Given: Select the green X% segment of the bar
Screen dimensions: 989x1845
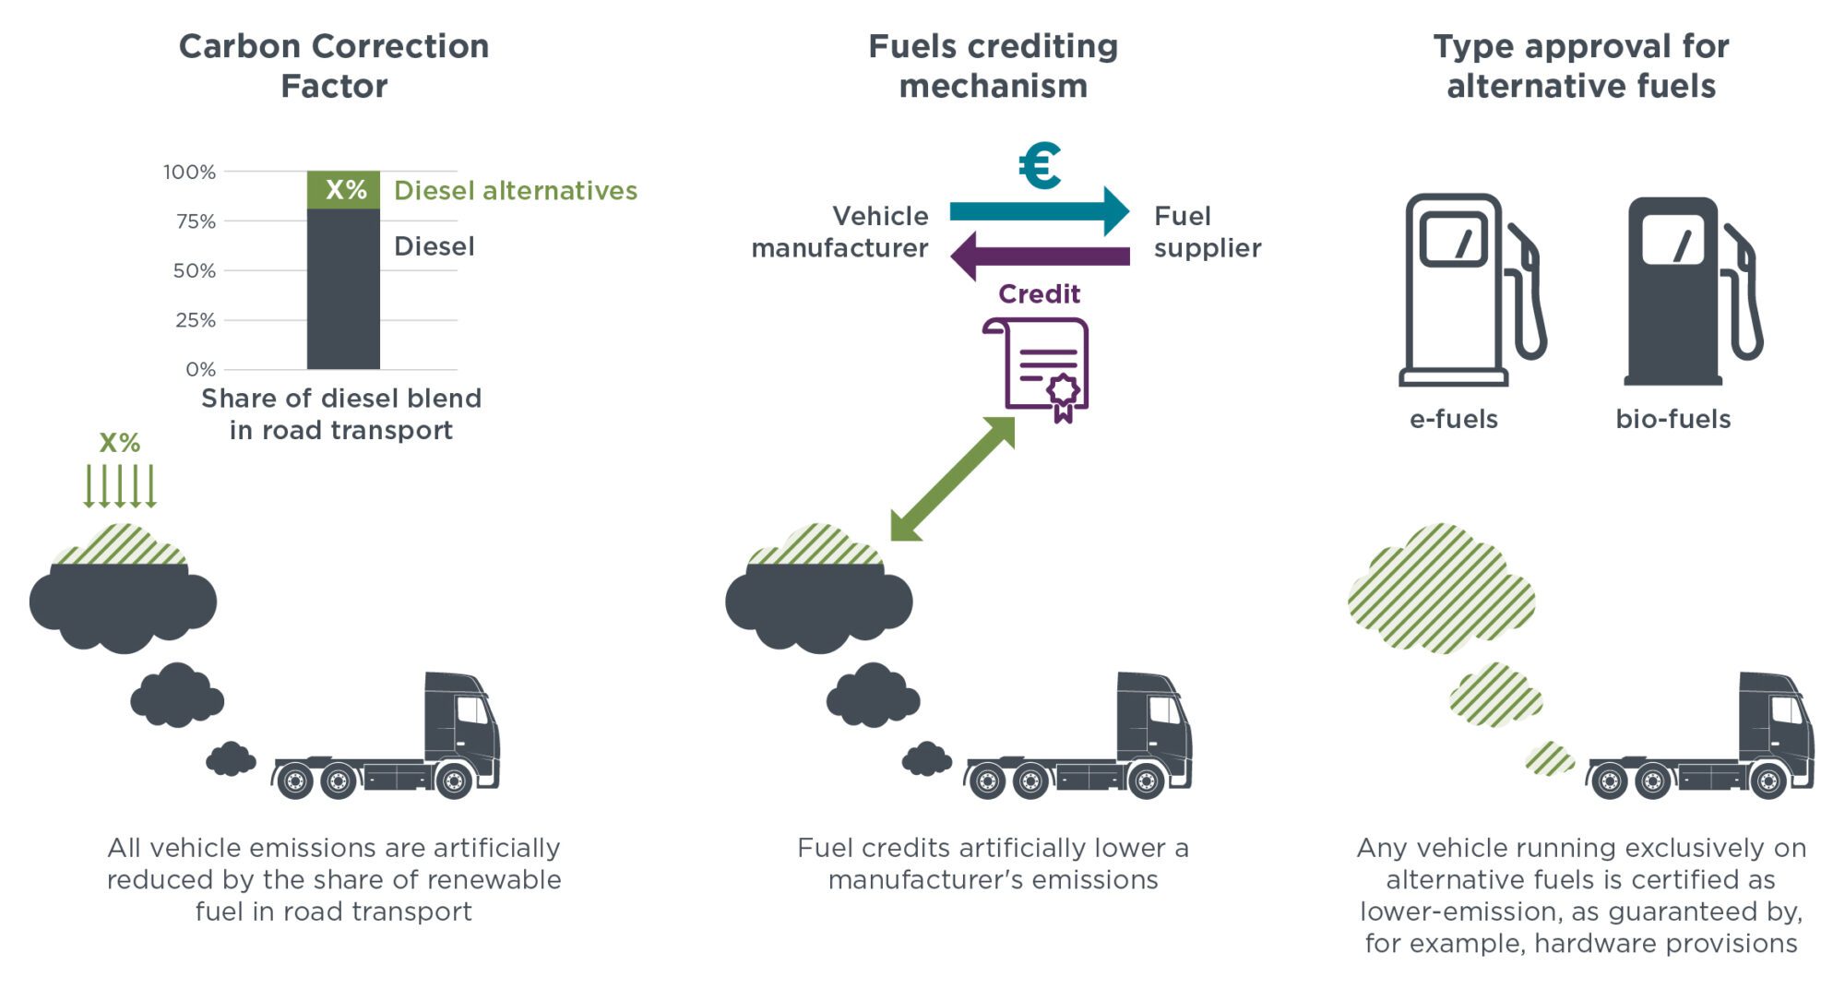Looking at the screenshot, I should pyautogui.click(x=344, y=190).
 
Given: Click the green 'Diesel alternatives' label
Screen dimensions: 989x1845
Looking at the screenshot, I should pyautogui.click(x=515, y=190).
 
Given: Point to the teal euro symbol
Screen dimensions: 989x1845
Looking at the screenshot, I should pyautogui.click(x=1040, y=166).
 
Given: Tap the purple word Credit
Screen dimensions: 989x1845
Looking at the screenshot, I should pyautogui.click(x=1039, y=293).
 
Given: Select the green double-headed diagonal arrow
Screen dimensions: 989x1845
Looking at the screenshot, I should pyautogui.click(x=953, y=478).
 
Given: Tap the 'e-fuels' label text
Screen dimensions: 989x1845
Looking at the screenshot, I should pyautogui.click(x=1453, y=419).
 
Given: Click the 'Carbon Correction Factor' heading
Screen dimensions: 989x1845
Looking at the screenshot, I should pyautogui.click(x=334, y=66).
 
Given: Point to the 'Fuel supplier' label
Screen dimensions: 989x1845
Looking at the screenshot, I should pyautogui.click(x=1207, y=232).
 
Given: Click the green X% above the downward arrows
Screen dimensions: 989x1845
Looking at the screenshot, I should pyautogui.click(x=120, y=443).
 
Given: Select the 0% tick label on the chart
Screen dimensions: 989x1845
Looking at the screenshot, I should pyautogui.click(x=200, y=370).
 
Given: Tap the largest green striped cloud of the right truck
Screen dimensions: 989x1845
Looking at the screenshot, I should pyautogui.click(x=1441, y=589).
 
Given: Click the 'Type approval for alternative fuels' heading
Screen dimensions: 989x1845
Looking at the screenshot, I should pyautogui.click(x=1580, y=66).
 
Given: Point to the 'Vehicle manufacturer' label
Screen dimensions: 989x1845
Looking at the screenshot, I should pyautogui.click(x=840, y=232).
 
